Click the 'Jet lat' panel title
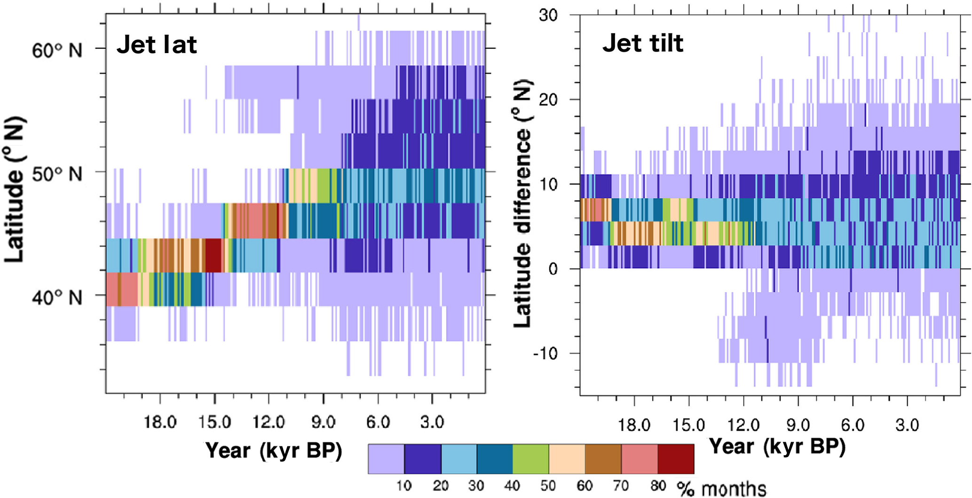(x=157, y=45)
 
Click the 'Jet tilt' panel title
(x=642, y=43)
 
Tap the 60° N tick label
(x=57, y=50)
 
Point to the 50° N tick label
(x=57, y=174)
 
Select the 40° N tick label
(x=57, y=297)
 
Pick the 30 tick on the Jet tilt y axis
(x=548, y=15)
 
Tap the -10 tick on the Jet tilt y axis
(x=545, y=353)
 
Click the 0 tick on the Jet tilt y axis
(x=553, y=269)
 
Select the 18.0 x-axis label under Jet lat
(x=160, y=422)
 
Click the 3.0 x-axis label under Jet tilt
(x=907, y=425)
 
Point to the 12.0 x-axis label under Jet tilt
(x=743, y=425)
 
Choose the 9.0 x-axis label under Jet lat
(x=323, y=422)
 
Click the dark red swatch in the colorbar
(x=676, y=459)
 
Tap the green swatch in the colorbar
(x=531, y=459)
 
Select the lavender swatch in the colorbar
(x=386, y=459)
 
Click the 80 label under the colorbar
(x=657, y=485)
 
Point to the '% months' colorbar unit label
(x=722, y=489)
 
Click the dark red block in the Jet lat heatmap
(x=213, y=255)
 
